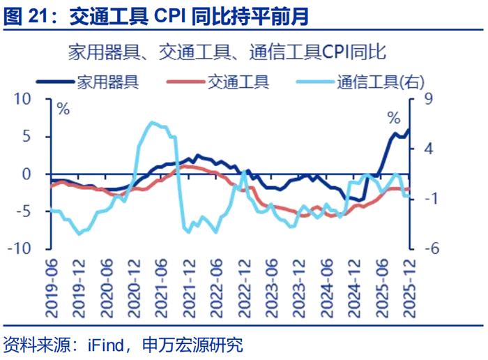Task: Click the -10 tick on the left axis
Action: click(29, 248)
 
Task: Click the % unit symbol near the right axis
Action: click(394, 118)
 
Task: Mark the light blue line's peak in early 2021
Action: click(152, 123)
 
